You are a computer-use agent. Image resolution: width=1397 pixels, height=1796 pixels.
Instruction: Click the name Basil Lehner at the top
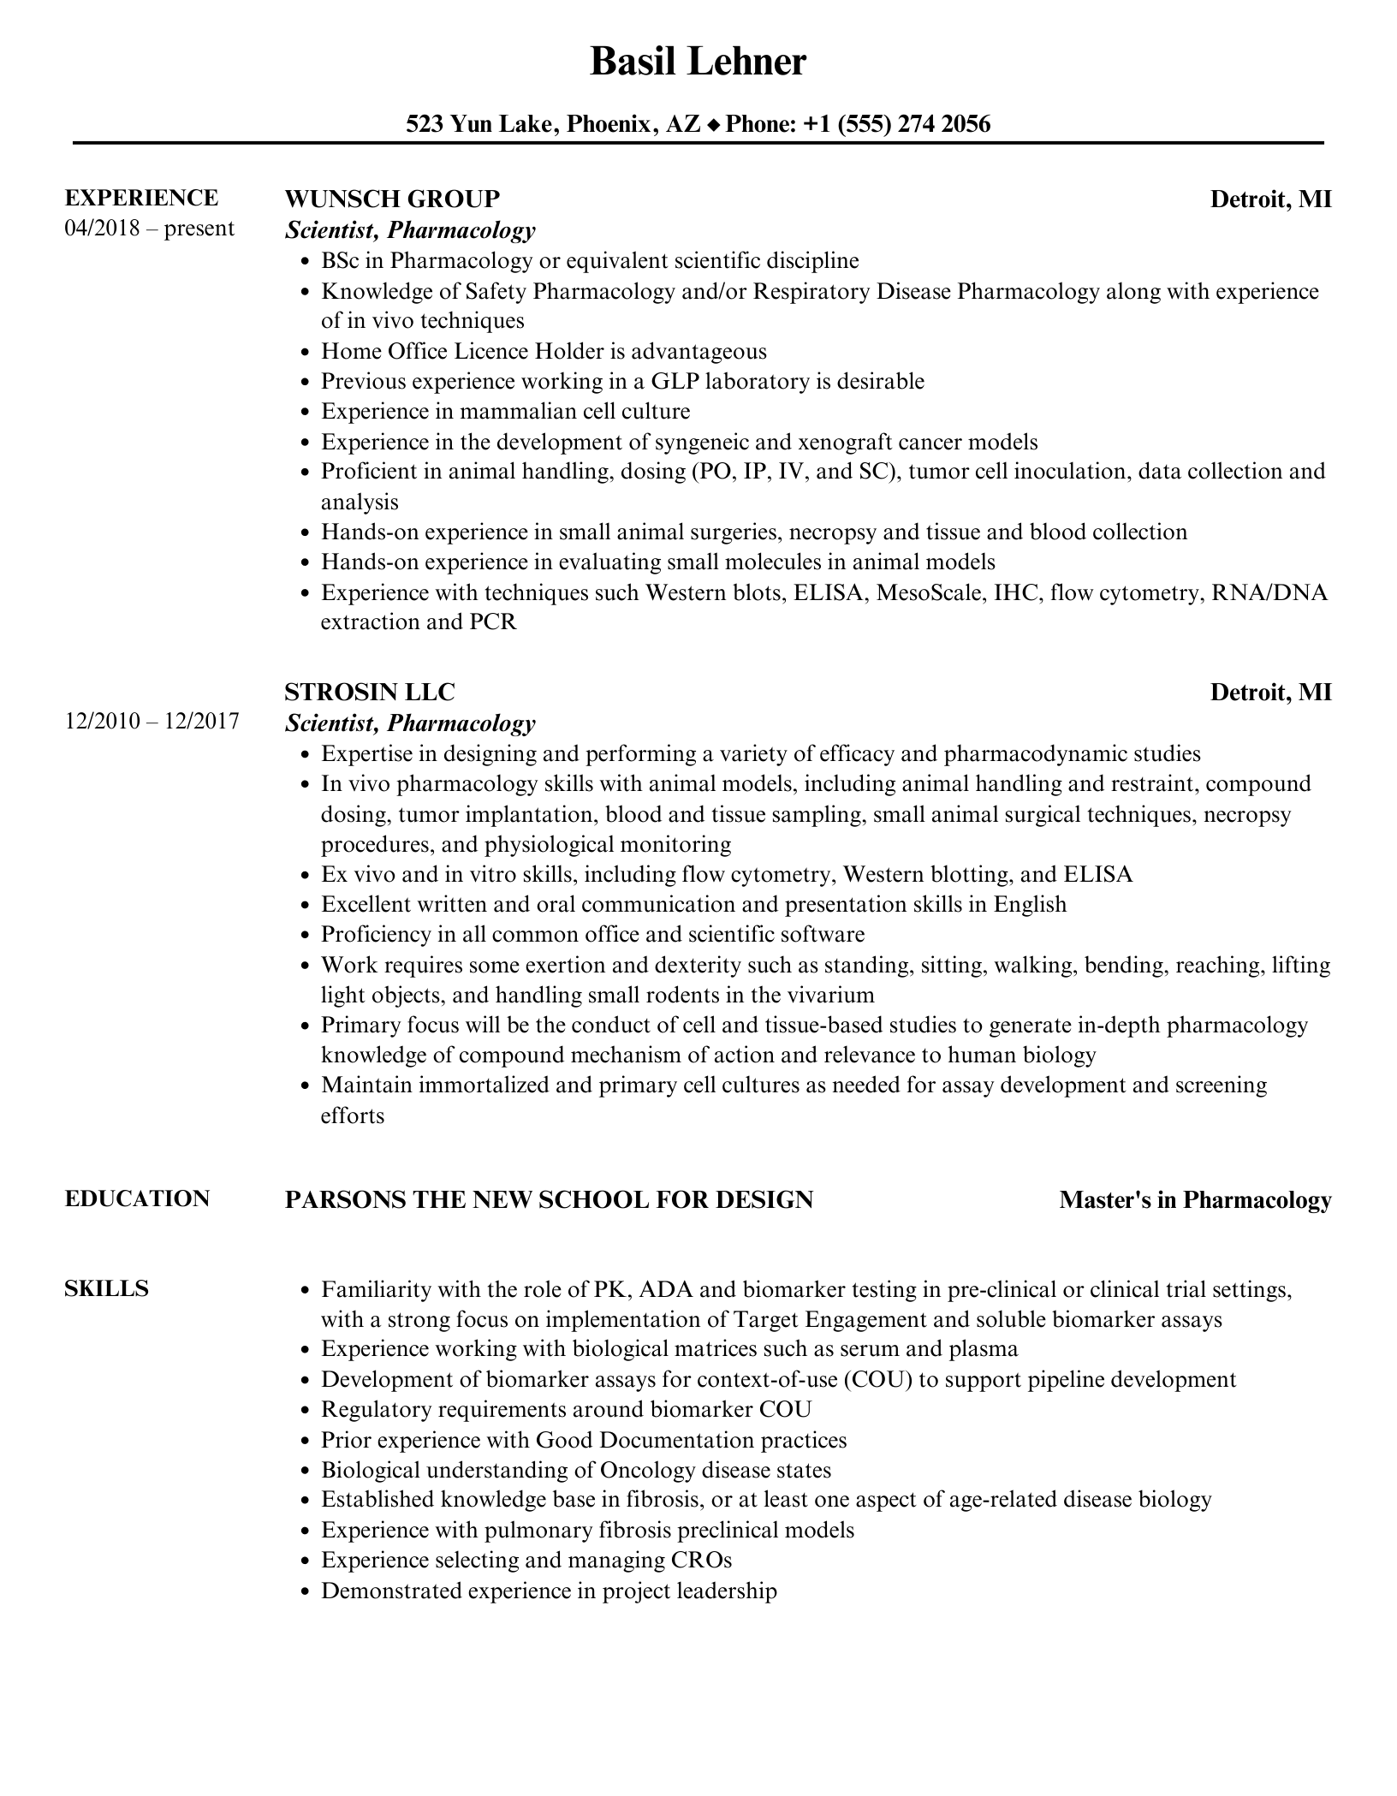698,62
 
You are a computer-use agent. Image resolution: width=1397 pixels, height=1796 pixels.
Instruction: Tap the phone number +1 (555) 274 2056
897,125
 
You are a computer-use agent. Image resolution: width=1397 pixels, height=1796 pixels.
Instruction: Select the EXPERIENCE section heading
141,198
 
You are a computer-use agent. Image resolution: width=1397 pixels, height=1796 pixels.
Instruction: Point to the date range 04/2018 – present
149,229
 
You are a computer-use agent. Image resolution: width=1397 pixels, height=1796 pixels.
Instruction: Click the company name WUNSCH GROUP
391,199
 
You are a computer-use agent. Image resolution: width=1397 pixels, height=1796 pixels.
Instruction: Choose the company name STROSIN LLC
369,692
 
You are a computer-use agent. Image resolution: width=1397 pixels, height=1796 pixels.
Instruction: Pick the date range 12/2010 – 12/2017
152,722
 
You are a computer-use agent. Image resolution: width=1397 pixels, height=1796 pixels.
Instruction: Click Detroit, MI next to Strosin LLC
1270,692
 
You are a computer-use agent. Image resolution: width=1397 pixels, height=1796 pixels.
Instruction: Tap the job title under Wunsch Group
410,229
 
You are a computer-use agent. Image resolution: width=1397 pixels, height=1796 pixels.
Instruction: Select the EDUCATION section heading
137,1198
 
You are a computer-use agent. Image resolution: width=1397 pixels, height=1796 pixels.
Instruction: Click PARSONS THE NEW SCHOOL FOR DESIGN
549,1200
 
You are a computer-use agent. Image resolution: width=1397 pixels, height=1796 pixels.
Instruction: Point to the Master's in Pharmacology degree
1195,1200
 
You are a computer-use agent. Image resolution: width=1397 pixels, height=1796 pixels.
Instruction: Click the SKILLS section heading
106,1288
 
